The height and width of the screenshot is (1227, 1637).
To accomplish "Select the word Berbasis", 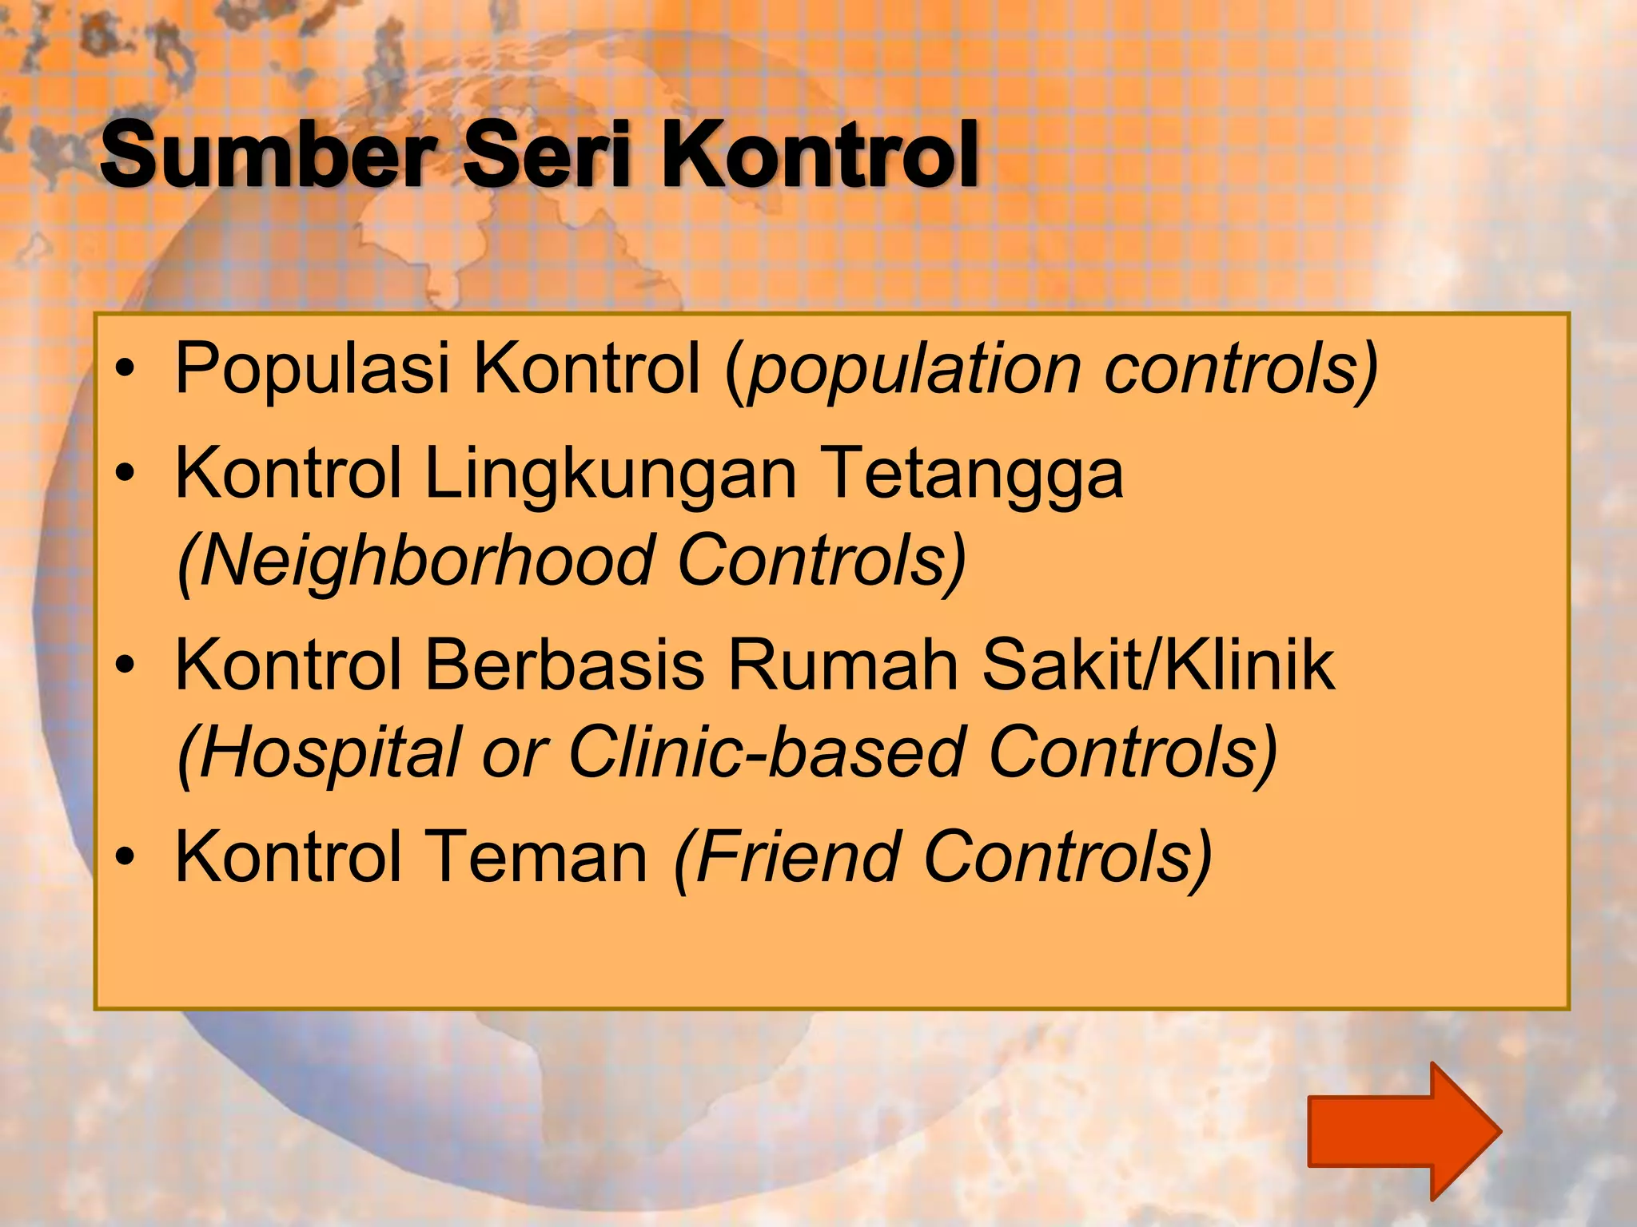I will point(564,665).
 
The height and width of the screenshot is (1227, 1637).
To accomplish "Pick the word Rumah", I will point(842,665).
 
